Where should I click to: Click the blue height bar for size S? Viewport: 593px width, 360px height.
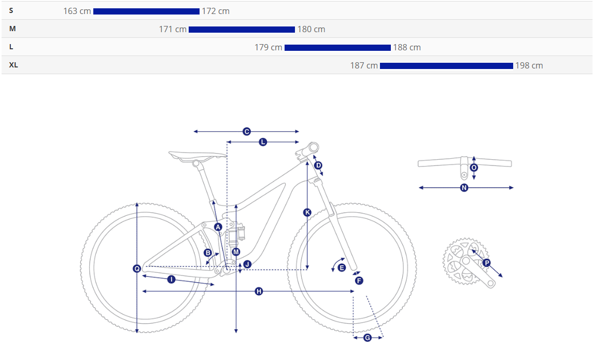(146, 11)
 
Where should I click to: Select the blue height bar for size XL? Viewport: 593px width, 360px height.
(447, 66)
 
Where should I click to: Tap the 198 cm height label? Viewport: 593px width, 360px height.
(529, 65)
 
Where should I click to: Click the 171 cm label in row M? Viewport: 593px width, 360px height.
(173, 29)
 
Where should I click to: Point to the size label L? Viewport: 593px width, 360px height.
(11, 47)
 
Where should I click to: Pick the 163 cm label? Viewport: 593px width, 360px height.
(77, 11)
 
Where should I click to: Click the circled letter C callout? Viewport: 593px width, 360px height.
(247, 131)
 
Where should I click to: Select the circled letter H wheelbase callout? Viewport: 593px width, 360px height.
(259, 291)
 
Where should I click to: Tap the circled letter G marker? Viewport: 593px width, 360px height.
(368, 337)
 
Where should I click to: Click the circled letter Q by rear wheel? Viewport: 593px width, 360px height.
(137, 268)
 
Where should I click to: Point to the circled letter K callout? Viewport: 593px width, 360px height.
(307, 212)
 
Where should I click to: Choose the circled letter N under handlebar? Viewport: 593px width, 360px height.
(464, 187)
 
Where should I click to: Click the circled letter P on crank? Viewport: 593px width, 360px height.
(487, 262)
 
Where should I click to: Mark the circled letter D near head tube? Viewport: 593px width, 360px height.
(318, 165)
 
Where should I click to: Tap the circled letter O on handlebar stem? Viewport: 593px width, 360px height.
(474, 168)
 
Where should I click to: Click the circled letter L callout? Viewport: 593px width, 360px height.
(263, 142)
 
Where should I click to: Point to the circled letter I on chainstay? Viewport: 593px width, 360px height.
(172, 280)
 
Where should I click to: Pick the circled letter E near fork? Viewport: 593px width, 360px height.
(342, 268)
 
